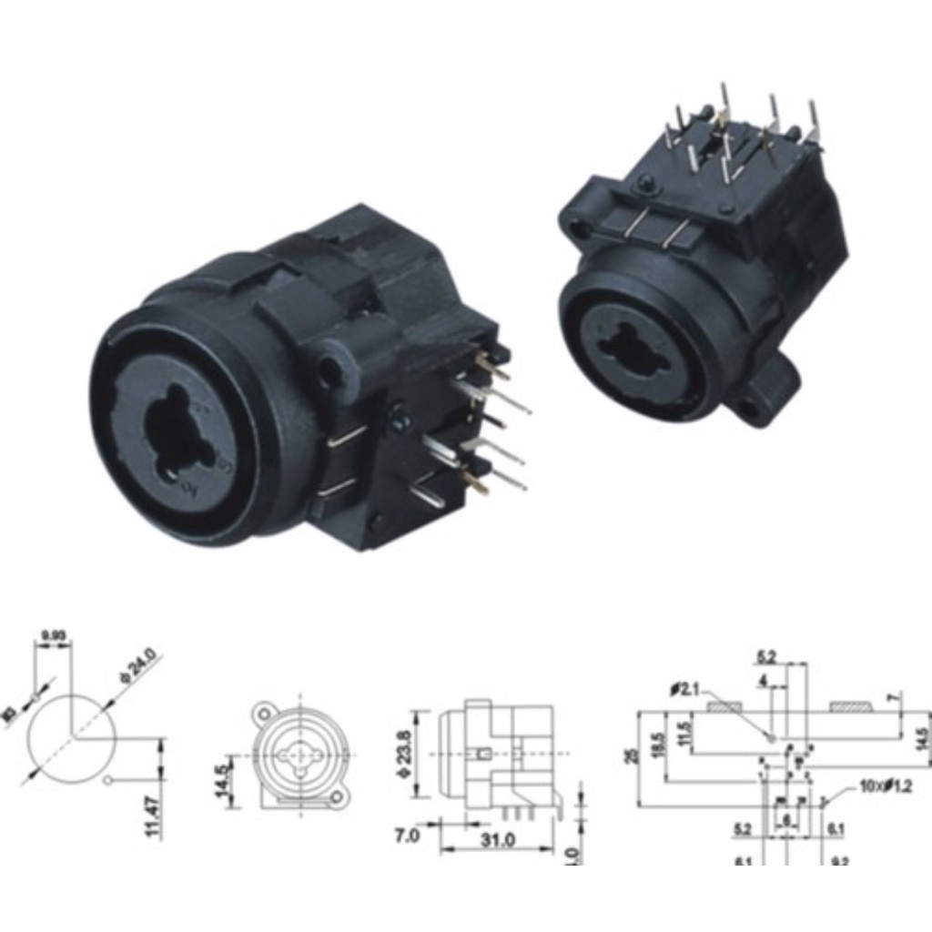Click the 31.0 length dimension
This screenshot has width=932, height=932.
pos(498,840)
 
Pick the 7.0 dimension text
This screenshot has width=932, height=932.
pos(408,836)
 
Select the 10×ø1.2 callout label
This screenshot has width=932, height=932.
pos(884,785)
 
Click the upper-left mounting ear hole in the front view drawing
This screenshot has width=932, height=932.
pos(264,709)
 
